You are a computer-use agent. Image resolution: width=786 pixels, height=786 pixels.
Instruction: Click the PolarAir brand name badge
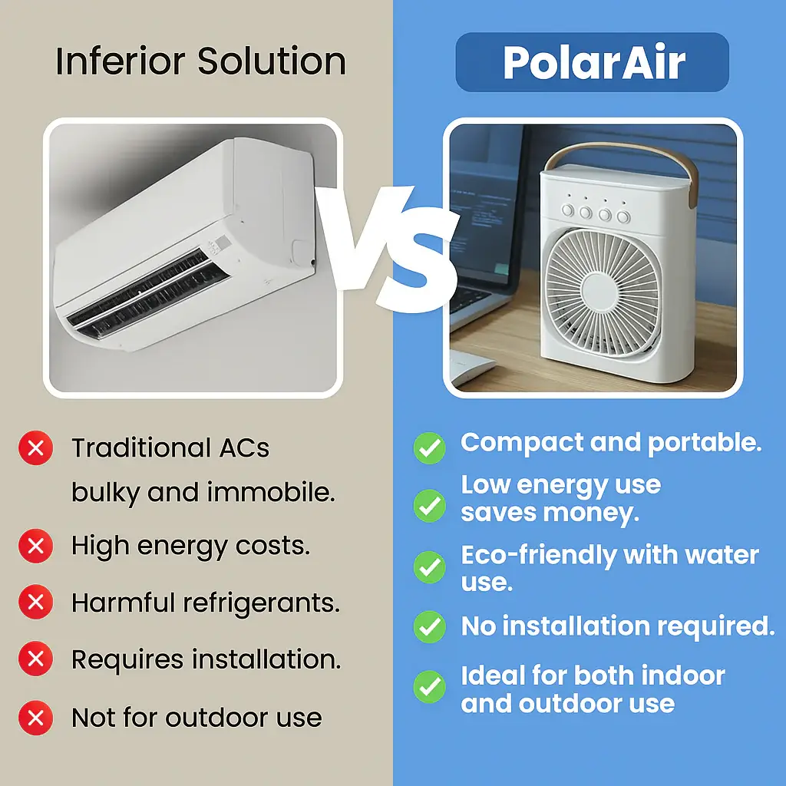coord(592,62)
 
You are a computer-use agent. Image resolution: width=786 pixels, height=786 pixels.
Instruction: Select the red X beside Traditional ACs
coord(35,447)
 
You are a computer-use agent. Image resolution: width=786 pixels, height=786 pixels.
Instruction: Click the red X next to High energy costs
coord(35,546)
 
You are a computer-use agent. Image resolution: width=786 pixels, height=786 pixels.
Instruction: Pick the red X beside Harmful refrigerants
coord(35,602)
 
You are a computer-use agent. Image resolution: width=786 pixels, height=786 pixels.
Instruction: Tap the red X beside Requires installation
coord(35,659)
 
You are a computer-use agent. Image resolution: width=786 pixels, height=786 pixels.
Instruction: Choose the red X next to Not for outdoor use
coord(35,718)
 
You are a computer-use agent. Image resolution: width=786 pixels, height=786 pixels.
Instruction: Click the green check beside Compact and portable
coord(430,448)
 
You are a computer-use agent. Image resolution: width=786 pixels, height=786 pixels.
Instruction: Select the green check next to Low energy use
coord(430,506)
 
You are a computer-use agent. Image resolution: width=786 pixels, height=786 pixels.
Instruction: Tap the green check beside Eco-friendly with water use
coord(430,567)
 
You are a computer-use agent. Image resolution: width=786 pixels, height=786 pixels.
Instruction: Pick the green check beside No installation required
coord(430,626)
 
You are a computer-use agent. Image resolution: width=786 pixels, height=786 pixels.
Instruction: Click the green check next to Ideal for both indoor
coord(430,687)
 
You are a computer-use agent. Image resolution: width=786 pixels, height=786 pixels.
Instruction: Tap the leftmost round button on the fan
coord(567,210)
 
